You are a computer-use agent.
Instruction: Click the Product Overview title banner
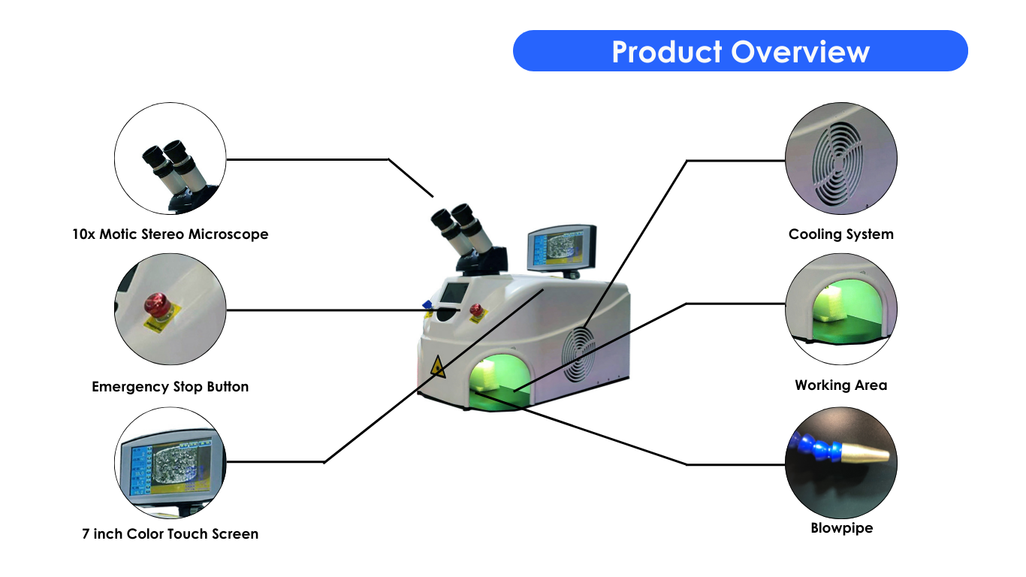point(740,51)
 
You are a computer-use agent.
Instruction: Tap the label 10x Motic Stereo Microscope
point(170,234)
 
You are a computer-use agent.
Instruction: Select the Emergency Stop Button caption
point(170,387)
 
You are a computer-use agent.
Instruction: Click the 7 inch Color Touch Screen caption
point(170,534)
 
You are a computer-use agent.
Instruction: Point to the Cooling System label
point(841,234)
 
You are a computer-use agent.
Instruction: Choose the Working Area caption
point(841,385)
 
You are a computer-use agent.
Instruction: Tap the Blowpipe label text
point(841,528)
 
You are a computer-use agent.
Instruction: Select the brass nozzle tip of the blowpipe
point(865,455)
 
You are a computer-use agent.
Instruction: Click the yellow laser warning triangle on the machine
point(438,367)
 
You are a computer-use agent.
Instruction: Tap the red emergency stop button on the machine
point(476,310)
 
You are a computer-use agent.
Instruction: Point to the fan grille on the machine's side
point(579,355)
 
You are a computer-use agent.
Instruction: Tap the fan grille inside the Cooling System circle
point(837,164)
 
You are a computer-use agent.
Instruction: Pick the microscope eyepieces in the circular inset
point(175,167)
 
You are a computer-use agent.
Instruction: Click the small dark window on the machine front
point(454,292)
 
